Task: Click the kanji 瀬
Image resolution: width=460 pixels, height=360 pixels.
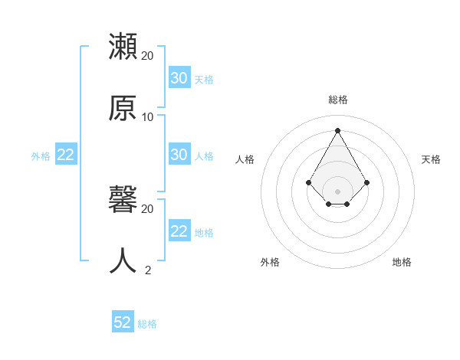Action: click(x=123, y=47)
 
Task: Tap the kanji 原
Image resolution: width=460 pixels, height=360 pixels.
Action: click(x=123, y=108)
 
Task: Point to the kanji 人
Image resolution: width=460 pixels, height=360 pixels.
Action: click(x=123, y=260)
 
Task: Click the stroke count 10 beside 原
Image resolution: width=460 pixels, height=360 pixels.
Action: click(x=148, y=117)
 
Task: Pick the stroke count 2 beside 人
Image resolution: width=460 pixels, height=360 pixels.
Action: click(x=148, y=270)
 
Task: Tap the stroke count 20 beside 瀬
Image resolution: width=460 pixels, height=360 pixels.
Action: click(x=148, y=56)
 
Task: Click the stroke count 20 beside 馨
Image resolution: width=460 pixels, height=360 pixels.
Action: click(x=148, y=208)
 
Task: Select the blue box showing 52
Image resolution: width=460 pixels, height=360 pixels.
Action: click(x=123, y=322)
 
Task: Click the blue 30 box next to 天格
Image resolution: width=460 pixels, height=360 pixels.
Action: click(x=179, y=78)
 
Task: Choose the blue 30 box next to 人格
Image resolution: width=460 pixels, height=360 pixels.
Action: click(x=179, y=155)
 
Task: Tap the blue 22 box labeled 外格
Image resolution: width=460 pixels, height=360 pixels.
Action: click(x=66, y=155)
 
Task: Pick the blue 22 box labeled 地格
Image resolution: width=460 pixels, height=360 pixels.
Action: click(x=179, y=231)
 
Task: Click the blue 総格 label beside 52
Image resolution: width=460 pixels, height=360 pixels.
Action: click(x=147, y=324)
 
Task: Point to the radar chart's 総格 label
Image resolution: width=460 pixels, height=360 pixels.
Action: click(x=338, y=100)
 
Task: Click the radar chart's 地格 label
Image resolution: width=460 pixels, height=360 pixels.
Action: click(x=402, y=262)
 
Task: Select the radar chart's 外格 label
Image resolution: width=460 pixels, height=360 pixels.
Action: click(x=270, y=262)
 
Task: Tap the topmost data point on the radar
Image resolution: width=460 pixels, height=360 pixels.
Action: click(x=338, y=129)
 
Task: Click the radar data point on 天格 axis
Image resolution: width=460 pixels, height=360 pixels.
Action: click(x=367, y=182)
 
